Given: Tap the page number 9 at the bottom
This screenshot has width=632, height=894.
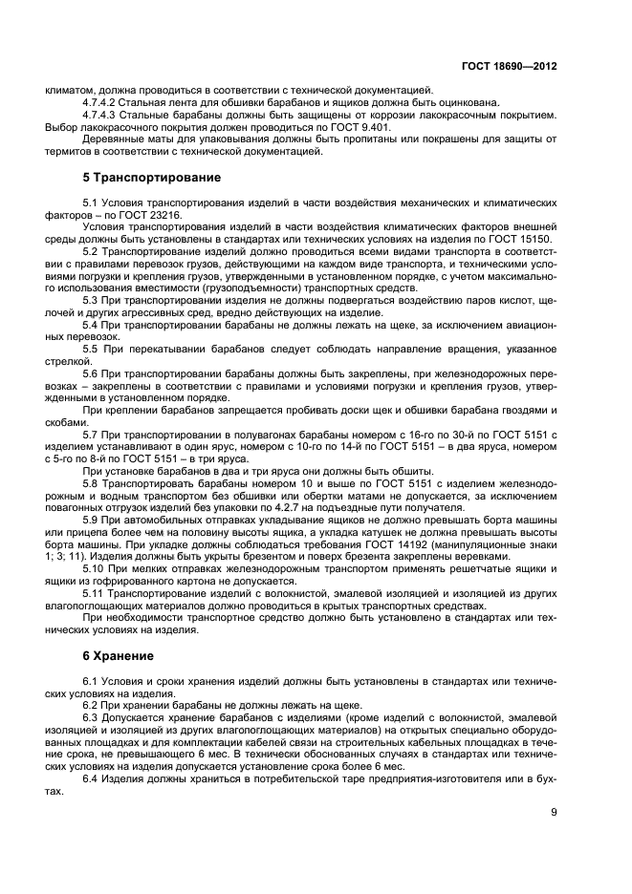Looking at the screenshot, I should tap(554, 814).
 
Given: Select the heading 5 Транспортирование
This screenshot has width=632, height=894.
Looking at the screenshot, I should tap(151, 178).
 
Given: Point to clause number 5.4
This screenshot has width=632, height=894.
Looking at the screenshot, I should tap(92, 326).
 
